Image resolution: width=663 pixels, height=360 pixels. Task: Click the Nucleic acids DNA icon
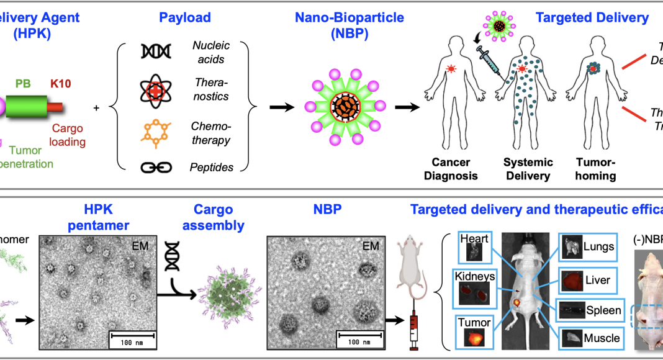pyautogui.click(x=152, y=52)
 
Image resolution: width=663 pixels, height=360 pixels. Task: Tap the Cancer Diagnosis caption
pyautogui.click(x=451, y=169)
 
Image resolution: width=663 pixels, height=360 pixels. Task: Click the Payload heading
pyautogui.click(x=184, y=18)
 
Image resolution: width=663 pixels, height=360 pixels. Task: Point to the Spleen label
pyautogui.click(x=604, y=310)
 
